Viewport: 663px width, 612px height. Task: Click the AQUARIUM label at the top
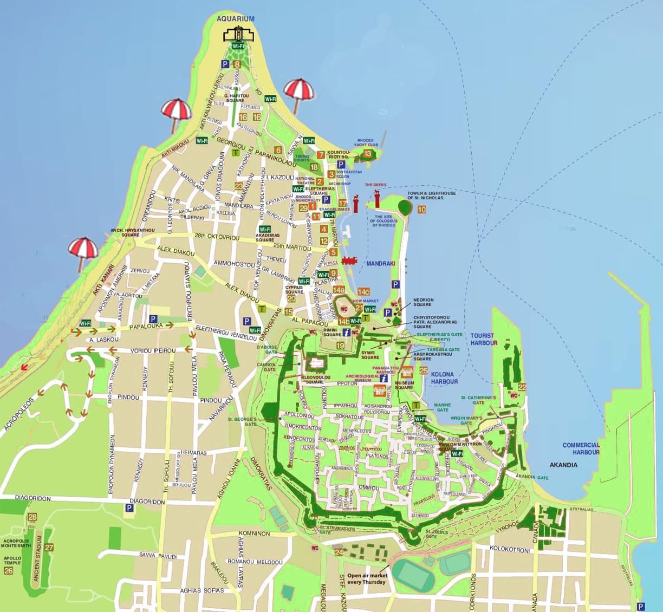click(235, 19)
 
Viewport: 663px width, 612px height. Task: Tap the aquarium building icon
click(238, 34)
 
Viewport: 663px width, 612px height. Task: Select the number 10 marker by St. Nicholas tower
click(422, 210)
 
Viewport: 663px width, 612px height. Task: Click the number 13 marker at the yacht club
click(368, 154)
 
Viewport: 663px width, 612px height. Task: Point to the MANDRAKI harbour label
click(381, 263)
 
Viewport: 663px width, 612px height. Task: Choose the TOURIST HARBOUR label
click(484, 340)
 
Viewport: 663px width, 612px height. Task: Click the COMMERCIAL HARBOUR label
click(581, 448)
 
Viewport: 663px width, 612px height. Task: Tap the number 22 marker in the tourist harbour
click(522, 387)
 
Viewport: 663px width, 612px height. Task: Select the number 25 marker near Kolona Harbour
click(424, 371)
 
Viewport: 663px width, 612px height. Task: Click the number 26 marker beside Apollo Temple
click(8, 570)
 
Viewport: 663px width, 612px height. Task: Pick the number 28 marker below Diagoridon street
click(32, 517)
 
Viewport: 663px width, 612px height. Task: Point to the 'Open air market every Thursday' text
click(367, 579)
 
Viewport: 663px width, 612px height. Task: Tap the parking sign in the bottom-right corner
click(641, 606)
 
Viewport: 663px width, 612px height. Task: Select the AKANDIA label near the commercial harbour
click(563, 465)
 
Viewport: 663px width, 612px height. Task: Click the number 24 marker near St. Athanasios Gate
click(339, 552)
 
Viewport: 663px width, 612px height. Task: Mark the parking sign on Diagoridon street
click(129, 508)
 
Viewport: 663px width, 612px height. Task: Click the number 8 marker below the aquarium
click(237, 64)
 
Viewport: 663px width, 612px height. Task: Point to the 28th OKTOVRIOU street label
click(217, 237)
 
